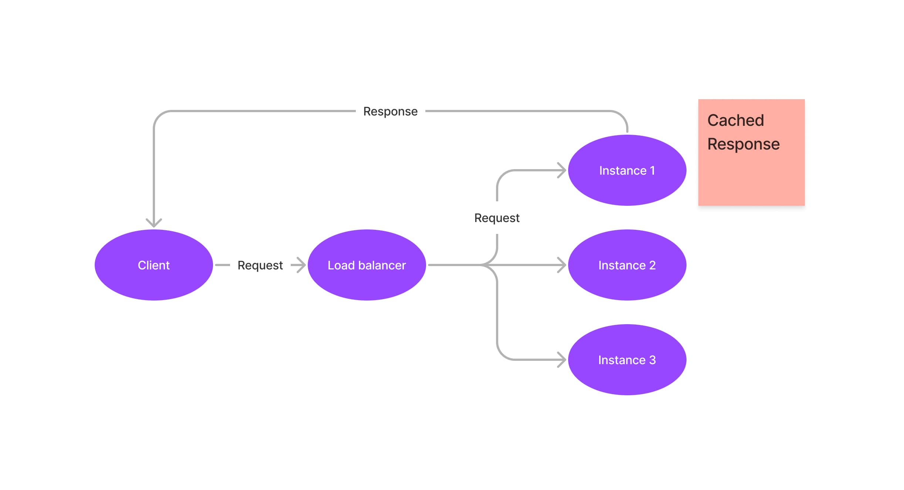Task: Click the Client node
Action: coord(154,265)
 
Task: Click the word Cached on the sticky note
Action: coord(735,120)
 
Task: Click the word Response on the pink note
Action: coord(743,144)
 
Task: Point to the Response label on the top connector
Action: coord(390,111)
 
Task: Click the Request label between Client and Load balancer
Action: coord(260,265)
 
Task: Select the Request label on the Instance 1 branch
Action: coord(497,218)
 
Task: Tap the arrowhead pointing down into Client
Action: coord(154,223)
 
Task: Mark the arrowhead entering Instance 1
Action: coord(562,170)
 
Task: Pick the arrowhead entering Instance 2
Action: coord(562,265)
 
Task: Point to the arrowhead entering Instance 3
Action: coord(562,360)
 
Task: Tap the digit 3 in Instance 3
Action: coord(652,360)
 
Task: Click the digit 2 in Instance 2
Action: coord(652,265)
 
